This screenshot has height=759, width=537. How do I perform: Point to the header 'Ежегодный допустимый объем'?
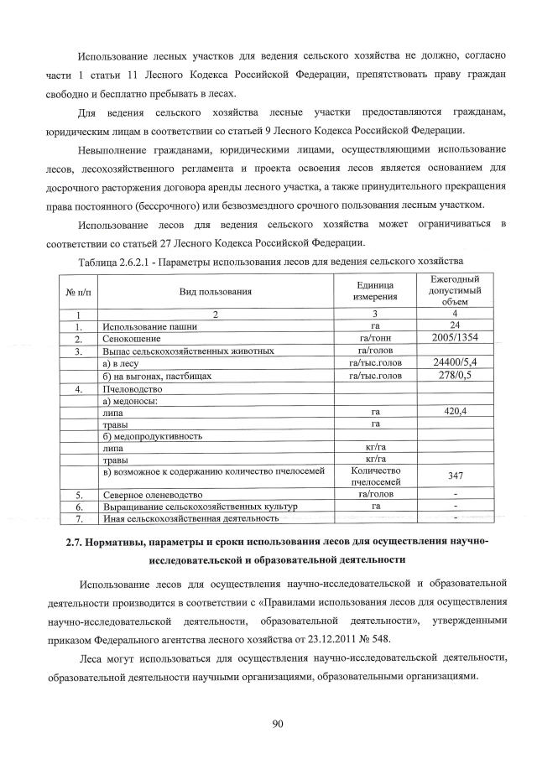(454, 290)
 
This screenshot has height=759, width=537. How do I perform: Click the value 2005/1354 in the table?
(454, 338)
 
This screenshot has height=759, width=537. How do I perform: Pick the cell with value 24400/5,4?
(454, 362)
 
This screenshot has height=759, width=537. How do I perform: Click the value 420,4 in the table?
(454, 412)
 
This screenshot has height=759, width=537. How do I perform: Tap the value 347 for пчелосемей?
(454, 476)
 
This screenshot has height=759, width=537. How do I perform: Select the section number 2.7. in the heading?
(81, 542)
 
